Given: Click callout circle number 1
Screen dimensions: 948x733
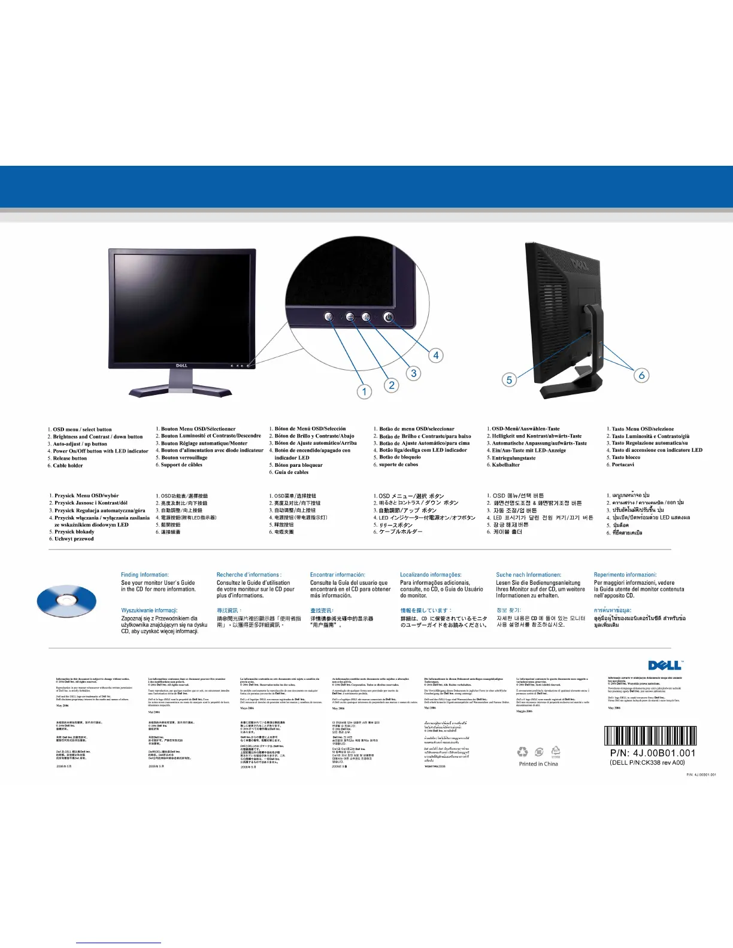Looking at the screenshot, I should [x=365, y=391].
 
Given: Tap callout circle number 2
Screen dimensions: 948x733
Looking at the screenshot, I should [x=392, y=385].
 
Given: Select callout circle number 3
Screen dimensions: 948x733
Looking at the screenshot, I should [x=414, y=373].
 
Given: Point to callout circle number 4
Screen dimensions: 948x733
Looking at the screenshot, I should [x=436, y=355].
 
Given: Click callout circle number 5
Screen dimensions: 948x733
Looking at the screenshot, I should [x=509, y=379].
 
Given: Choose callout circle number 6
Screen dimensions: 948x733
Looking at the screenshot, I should [x=641, y=375].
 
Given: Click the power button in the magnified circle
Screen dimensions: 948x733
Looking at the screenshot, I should [x=388, y=317].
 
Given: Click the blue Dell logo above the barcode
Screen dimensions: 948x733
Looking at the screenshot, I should [x=665, y=666].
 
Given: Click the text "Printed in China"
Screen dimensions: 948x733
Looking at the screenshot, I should [x=538, y=764].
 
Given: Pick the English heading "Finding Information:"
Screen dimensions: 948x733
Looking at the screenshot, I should [x=145, y=575].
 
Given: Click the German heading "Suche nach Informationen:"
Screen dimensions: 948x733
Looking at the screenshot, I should [x=529, y=575].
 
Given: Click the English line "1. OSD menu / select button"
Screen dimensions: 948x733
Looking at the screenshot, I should [x=80, y=429].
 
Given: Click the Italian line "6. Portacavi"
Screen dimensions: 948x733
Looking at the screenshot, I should [x=620, y=464].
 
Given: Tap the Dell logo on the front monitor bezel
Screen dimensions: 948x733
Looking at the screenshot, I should [x=182, y=364].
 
